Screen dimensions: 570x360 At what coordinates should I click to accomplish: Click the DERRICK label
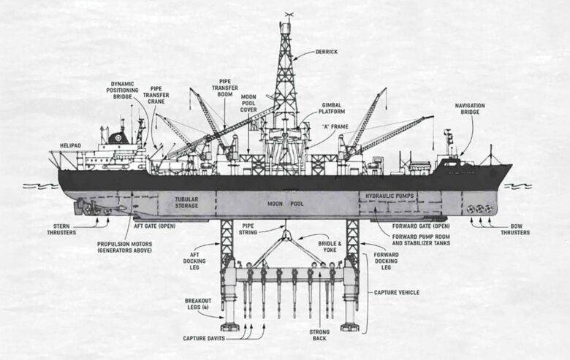point(327,52)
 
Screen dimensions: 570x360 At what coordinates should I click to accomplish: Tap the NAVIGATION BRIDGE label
point(470,109)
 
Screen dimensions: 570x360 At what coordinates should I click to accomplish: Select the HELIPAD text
point(71,145)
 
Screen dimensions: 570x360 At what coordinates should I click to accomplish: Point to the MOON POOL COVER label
point(248,103)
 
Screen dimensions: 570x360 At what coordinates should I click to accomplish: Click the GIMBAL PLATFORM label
point(332,108)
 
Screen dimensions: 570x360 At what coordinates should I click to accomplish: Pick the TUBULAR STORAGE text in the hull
point(186,202)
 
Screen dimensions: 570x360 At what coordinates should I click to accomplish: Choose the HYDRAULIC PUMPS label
point(389,196)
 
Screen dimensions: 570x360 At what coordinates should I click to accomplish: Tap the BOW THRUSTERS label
point(515,229)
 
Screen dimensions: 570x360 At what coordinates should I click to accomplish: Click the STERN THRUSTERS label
point(61,229)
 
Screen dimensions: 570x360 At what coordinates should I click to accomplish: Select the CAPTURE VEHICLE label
point(397,292)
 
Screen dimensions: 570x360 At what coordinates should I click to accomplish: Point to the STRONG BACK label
point(319,335)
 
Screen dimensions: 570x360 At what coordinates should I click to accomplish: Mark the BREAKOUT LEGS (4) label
point(198,304)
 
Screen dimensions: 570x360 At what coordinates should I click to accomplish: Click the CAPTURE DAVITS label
point(204,339)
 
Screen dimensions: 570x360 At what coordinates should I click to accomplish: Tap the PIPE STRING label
point(248,229)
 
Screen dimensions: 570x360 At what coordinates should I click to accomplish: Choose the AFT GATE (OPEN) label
point(154,226)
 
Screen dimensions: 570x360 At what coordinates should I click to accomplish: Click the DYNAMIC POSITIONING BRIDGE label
point(122,91)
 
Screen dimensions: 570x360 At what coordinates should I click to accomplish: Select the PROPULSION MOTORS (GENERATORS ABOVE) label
point(125,247)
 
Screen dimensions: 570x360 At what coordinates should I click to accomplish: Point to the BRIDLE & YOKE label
point(330,247)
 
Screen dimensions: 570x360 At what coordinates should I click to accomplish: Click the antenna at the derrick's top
point(289,16)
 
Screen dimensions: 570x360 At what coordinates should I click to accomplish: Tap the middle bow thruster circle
point(479,209)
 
